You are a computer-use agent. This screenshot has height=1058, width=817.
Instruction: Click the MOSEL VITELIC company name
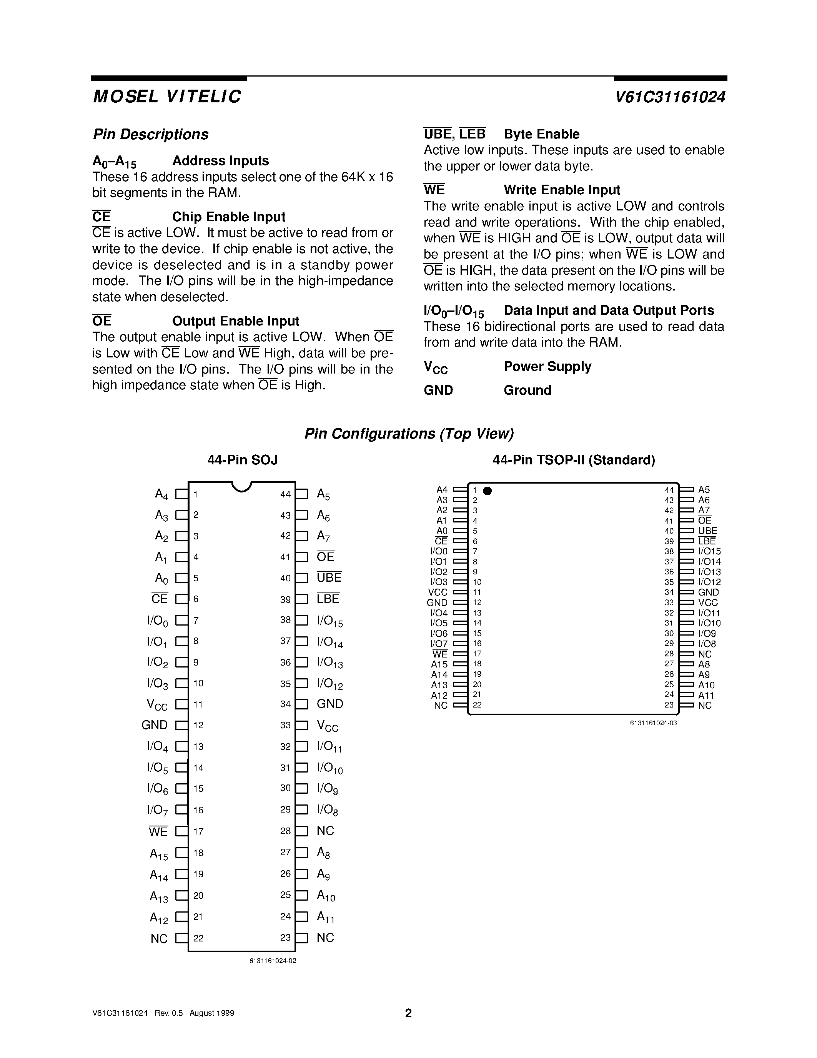coord(166,97)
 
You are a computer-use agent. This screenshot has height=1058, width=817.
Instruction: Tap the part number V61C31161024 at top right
coord(671,97)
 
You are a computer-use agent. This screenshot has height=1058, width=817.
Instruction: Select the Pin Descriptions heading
coord(151,134)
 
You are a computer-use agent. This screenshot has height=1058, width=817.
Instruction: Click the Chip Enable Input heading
coord(228,217)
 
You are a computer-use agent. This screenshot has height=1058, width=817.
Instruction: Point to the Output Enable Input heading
coord(235,321)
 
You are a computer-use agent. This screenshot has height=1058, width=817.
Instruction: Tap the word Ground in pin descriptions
coord(527,390)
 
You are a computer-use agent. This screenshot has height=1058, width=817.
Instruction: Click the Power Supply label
coord(547,366)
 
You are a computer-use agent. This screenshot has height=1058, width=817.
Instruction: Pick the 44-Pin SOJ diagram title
coord(243,460)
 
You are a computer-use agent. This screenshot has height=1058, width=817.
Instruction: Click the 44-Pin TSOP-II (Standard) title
coord(574,460)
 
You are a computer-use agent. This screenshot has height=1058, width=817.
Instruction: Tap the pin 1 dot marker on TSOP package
coord(488,491)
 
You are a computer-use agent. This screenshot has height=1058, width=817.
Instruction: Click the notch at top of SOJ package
coord(241,486)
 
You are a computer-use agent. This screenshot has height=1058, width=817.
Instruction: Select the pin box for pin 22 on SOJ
coord(181,938)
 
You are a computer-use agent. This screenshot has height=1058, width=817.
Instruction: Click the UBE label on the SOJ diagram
coord(329,577)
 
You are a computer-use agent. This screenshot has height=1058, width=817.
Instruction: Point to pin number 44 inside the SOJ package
coord(285,494)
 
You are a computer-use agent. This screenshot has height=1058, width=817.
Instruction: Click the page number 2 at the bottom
coord(408,1013)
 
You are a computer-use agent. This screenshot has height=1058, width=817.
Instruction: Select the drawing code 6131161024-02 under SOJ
coord(273,961)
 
